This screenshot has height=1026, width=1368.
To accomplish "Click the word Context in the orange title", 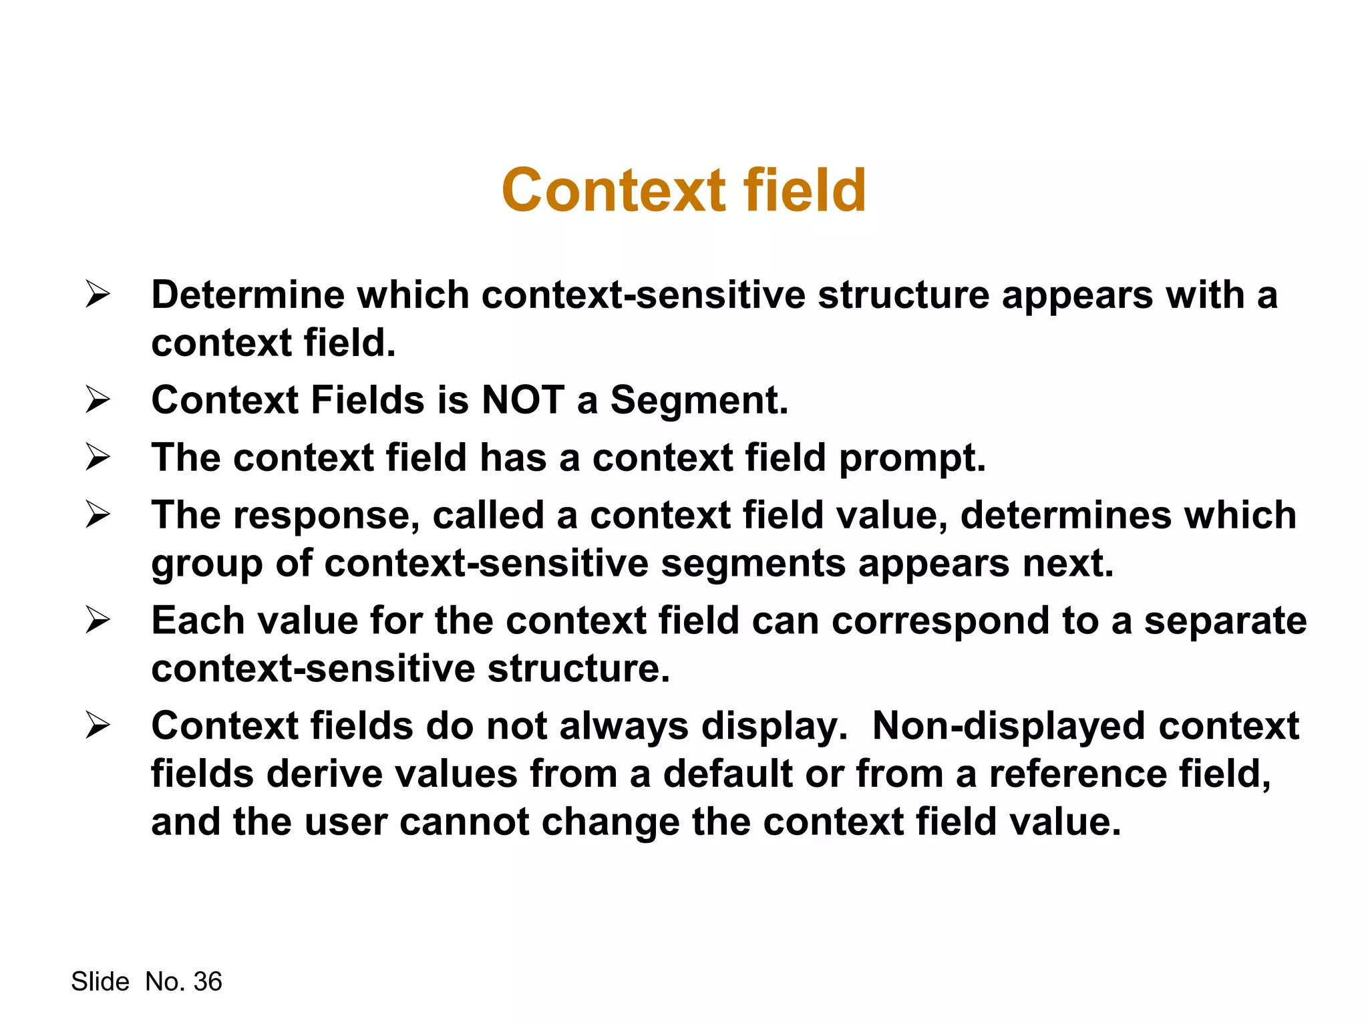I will (613, 191).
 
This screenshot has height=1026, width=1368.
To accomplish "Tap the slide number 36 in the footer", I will (208, 982).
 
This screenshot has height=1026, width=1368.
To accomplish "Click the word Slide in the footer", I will (100, 982).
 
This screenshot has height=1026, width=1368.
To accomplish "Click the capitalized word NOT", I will (523, 400).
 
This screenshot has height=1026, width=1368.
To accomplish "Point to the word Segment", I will (699, 400).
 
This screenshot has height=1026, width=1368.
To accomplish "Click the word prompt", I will (912, 459).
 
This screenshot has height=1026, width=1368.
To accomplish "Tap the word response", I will (325, 516).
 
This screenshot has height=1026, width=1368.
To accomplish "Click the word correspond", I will (940, 621).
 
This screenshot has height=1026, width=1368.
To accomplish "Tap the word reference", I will (1077, 774).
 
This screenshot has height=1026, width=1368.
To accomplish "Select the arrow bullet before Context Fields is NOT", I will (98, 400).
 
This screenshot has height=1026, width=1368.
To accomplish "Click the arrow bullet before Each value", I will (98, 621).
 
